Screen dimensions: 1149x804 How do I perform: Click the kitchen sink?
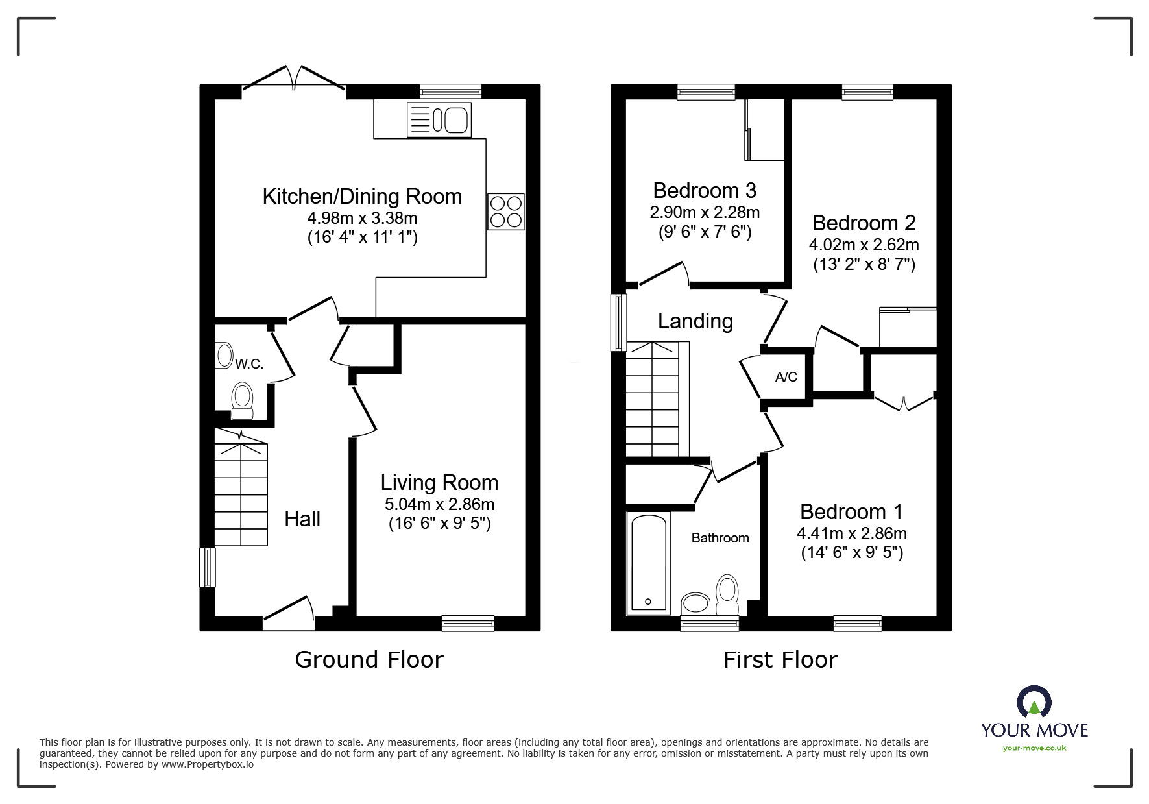[x=439, y=120]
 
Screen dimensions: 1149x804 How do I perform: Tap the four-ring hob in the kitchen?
[x=505, y=212]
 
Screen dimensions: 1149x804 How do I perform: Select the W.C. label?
[x=249, y=364]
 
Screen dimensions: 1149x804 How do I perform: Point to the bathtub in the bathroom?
[x=648, y=563]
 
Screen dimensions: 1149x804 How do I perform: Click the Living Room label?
[x=439, y=482]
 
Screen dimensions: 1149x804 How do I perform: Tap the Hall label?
[x=302, y=518]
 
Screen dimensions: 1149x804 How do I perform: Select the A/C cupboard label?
[x=786, y=377]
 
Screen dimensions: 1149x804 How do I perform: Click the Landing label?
[x=695, y=321]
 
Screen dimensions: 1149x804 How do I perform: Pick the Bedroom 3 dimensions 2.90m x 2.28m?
[x=705, y=212]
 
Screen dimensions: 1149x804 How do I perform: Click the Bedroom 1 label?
[x=851, y=511]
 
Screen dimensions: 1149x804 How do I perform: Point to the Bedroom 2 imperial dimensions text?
[x=864, y=264]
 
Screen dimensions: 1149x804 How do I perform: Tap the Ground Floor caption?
[x=369, y=660]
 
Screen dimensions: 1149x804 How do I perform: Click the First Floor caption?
[x=780, y=660]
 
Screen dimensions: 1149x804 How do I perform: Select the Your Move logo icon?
[x=1034, y=702]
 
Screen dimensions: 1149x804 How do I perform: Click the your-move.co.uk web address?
[x=1034, y=748]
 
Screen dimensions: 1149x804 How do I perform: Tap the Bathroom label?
[x=720, y=538]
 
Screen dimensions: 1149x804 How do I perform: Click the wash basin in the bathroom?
[x=696, y=603]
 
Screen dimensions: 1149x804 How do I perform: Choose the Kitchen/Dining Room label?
[x=362, y=196]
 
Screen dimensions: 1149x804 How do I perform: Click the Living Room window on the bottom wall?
[x=468, y=623]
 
